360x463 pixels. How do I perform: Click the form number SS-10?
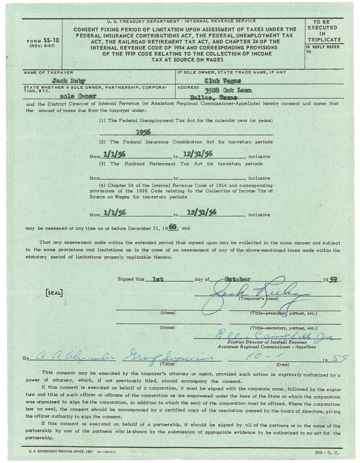pos(43,41)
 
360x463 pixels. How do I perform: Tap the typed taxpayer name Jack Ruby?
pos(68,81)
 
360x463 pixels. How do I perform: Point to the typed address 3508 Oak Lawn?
pos(228,90)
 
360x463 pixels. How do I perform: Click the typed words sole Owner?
pos(78,96)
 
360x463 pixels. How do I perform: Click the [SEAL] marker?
pos(54,293)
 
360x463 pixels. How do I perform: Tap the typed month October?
pos(237,279)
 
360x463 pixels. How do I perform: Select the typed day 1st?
pos(158,279)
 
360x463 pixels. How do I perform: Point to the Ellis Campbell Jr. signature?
pos(274,336)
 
